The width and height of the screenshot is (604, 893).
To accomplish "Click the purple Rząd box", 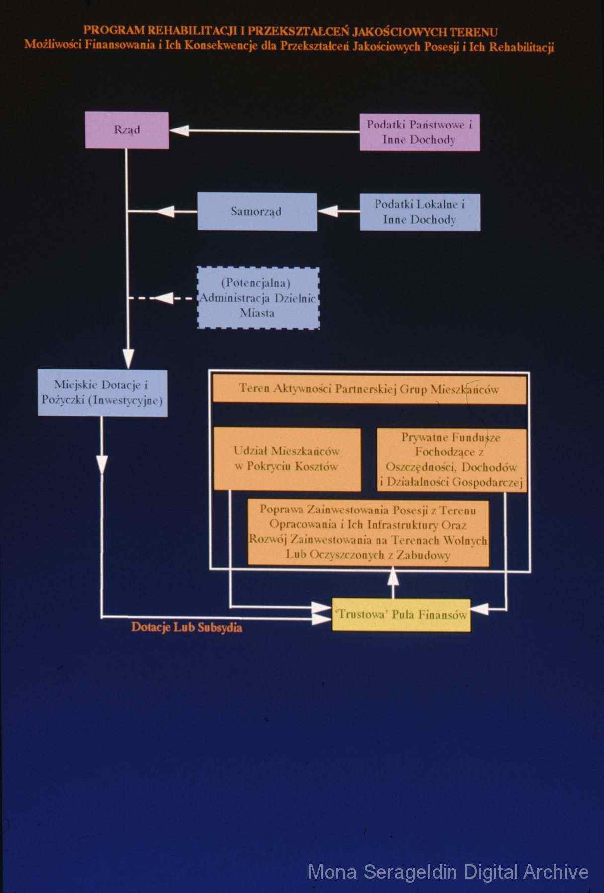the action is coord(127,130).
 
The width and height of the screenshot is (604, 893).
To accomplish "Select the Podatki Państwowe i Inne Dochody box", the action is coord(420,132).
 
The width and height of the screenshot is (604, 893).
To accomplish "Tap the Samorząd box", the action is coord(257,212).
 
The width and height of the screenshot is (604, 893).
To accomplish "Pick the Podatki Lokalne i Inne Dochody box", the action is coord(420,212).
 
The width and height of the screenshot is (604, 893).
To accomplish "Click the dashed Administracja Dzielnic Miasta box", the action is coord(258,298).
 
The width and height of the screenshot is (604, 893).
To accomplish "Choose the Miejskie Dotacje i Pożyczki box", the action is coord(103,393).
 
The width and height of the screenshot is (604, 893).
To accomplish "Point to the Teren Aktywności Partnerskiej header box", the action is coord(370,389).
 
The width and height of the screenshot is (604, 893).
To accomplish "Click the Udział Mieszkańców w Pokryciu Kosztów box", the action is coord(287,459).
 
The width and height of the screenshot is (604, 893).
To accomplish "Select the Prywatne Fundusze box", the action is coord(452,460).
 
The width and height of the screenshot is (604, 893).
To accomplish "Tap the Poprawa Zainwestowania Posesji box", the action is coord(369,533).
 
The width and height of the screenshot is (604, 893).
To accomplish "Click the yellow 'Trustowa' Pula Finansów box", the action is coord(401,615).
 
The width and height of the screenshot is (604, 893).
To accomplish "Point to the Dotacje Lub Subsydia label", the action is coord(187,627).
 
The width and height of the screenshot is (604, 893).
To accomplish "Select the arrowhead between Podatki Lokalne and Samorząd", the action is coord(327,211).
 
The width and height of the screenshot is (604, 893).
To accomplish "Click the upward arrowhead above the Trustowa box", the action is coord(393,575).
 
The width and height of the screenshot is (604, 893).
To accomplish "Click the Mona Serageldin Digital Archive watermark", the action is coord(448,872).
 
